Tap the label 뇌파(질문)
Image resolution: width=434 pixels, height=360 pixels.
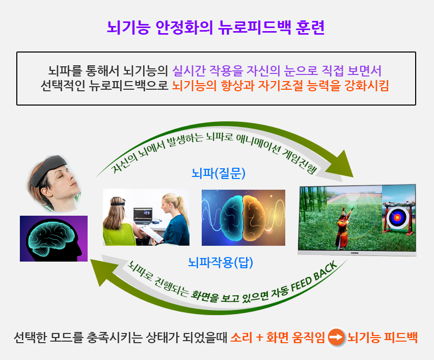pyautogui.click(x=219, y=173)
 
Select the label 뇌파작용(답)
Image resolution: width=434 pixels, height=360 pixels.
pyautogui.click(x=221, y=262)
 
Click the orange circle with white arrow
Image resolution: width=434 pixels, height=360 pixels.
pyautogui.click(x=336, y=337)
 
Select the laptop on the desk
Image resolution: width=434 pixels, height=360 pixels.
pyautogui.click(x=143, y=216)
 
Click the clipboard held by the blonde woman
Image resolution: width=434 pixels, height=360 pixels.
pyautogui.click(x=151, y=234)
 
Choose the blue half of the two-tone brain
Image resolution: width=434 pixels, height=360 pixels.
pyautogui.click(x=232, y=218)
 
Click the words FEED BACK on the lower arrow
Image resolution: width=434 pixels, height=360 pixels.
pyautogui.click(x=315, y=276)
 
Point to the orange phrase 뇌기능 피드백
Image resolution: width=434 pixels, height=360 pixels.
pyautogui.click(x=382, y=337)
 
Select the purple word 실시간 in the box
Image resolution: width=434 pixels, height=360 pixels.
pyautogui.click(x=189, y=70)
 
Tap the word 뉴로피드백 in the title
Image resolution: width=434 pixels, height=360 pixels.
pyautogui.click(x=254, y=27)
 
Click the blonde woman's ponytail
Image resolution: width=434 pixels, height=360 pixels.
pyautogui.click(x=181, y=209)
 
